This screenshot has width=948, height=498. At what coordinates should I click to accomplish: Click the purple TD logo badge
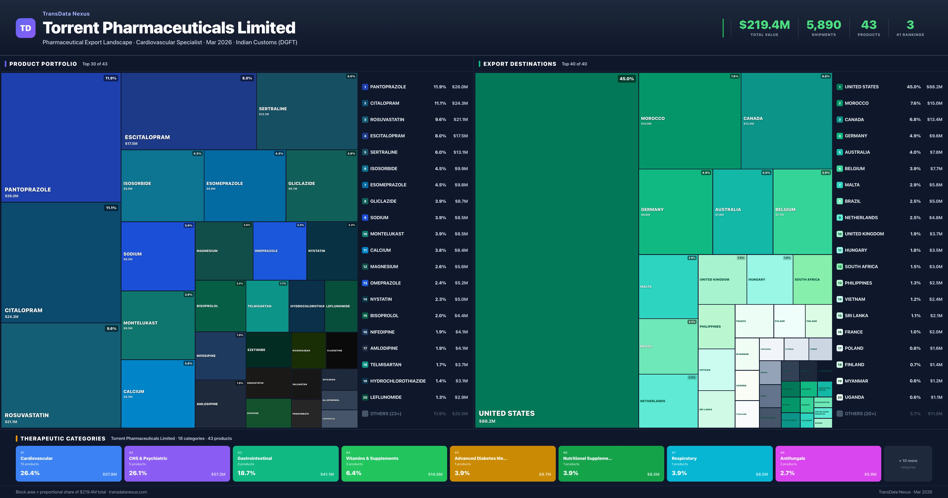[x=25, y=28]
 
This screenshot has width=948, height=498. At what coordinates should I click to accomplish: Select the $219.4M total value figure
[x=764, y=25]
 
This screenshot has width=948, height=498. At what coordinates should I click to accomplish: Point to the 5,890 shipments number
[x=824, y=25]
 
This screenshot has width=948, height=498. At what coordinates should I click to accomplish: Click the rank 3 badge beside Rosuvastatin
[x=365, y=120]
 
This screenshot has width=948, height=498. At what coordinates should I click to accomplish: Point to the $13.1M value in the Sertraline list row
[x=460, y=152]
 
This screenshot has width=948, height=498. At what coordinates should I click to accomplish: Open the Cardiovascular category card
[x=69, y=463]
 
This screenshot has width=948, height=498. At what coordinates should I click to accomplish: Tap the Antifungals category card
[x=828, y=463]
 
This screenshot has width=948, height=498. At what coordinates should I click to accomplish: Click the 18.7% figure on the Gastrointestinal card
[x=246, y=473]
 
